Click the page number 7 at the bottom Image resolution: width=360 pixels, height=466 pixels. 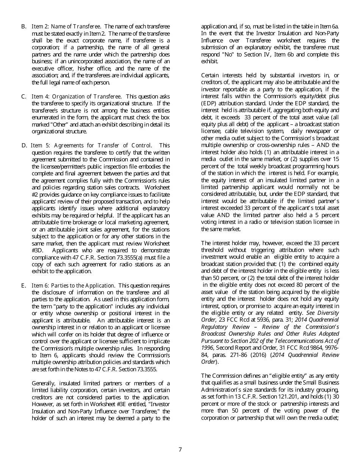click(x=180, y=450)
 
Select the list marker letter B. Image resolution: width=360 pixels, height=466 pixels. click(x=23, y=27)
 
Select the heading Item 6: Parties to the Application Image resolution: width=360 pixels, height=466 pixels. click(x=73, y=285)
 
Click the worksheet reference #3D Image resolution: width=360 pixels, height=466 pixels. click(x=38, y=250)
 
